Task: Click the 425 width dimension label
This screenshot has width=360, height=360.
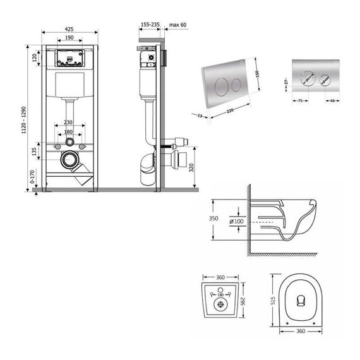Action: click(x=69, y=28)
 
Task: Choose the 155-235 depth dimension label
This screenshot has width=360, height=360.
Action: click(x=150, y=24)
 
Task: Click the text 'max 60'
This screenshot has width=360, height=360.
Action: click(x=179, y=24)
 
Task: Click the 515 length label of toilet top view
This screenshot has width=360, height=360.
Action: click(x=273, y=302)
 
